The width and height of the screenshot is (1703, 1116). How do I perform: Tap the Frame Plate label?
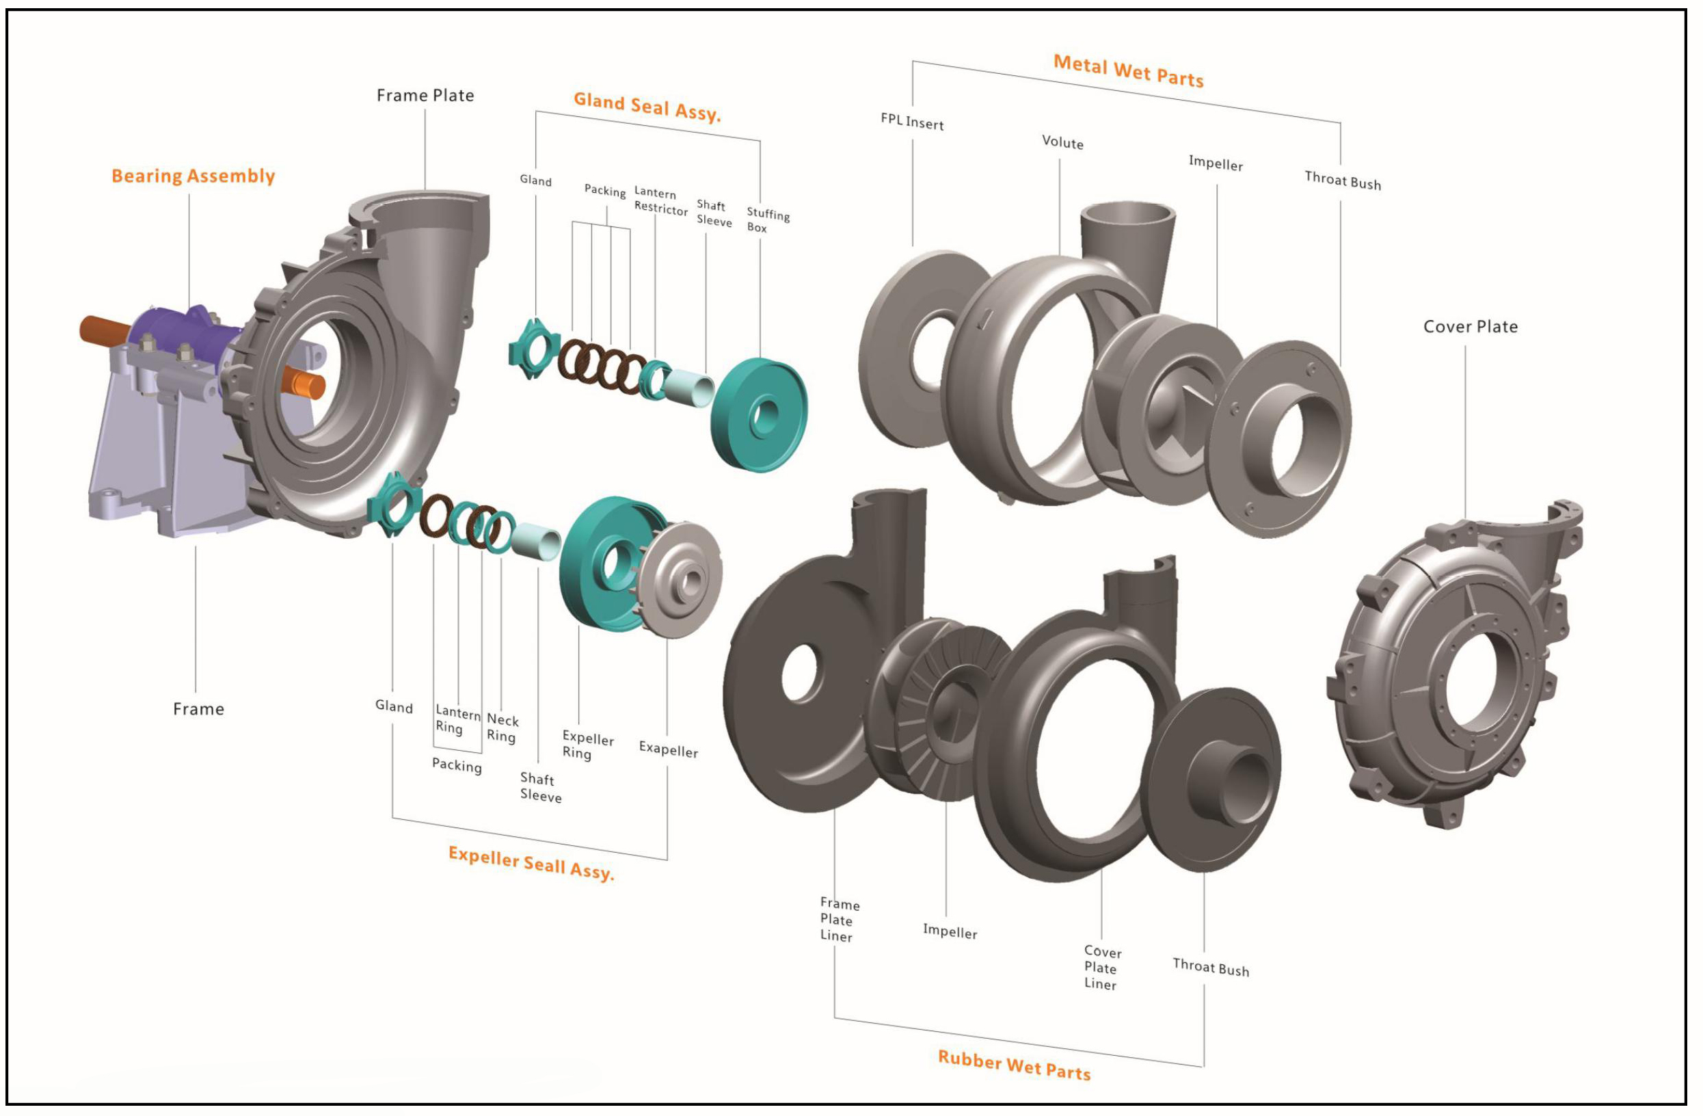pos(425,95)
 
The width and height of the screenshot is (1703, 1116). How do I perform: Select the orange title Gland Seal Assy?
pos(647,107)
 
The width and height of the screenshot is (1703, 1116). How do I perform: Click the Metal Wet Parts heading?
pos(1129,71)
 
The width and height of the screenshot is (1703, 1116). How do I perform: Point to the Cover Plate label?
pos(1470,326)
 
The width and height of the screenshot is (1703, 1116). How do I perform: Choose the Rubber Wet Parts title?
pos(1014,1065)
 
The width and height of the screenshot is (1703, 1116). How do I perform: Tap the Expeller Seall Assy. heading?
pos(531,862)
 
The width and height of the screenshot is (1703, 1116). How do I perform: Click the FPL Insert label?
pos(911,122)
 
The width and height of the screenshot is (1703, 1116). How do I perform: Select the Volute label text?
pos(1062,142)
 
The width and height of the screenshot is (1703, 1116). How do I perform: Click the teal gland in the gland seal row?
pos(533,349)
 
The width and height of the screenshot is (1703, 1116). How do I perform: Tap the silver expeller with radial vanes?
pos(680,579)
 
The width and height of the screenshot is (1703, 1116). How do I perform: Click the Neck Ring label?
pos(502,728)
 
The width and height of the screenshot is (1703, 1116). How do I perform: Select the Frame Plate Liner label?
pos(838,920)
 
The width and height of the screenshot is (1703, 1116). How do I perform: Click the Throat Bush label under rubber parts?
pos(1211,967)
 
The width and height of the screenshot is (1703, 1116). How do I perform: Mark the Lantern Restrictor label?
pos(660,201)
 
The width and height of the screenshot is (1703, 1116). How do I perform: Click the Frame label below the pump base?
pos(198,708)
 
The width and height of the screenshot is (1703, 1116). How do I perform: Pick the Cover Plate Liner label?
pos(1102,967)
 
